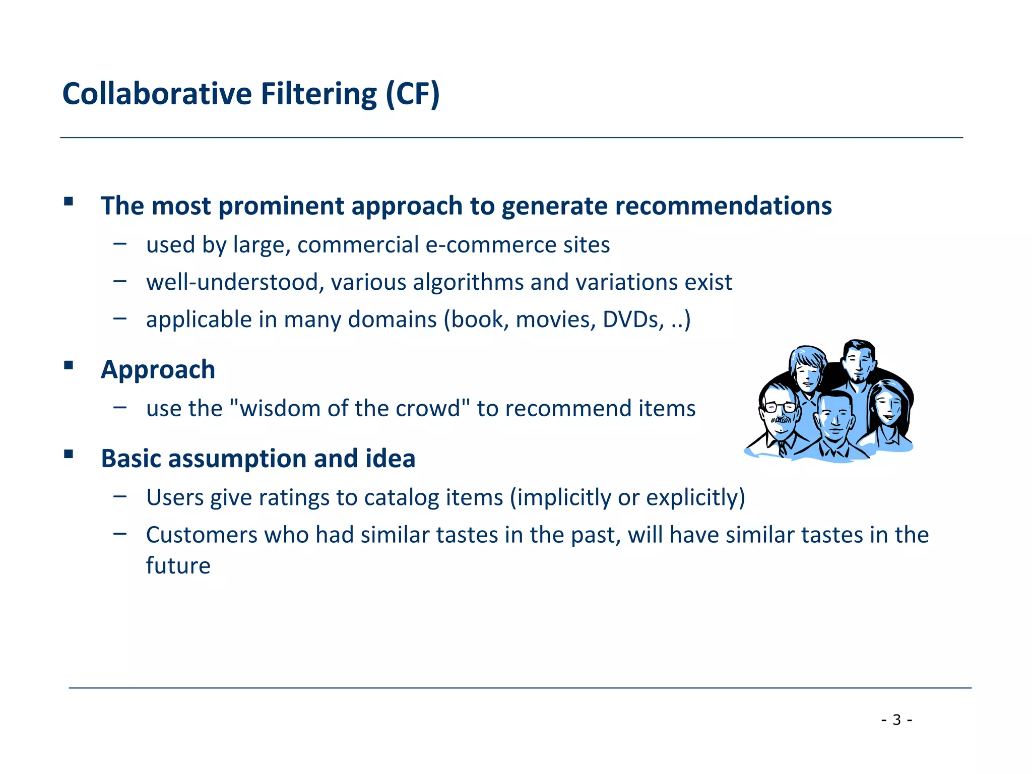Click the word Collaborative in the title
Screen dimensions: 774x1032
pos(157,94)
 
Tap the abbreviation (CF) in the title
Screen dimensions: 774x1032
pos(413,94)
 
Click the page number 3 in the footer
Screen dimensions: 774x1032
pos(896,720)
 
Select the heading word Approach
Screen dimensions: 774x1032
pos(158,369)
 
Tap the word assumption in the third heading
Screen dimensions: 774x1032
pos(236,459)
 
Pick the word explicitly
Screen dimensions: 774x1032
pos(695,497)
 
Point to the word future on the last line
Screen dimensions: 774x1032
pos(178,565)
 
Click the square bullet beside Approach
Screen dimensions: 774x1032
pos(69,365)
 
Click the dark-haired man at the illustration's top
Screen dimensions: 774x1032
pos(858,361)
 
